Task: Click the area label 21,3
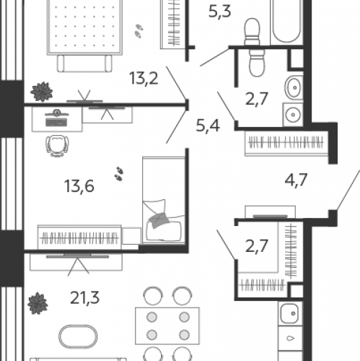84,298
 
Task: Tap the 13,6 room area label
79,186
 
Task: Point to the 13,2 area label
144,78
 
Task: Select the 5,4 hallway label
208,126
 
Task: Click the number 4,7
296,180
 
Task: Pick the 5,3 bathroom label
220,12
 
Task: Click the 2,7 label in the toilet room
257,99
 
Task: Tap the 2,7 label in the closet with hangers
257,246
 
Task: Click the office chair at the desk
57,145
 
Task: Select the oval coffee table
78,336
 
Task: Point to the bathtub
286,22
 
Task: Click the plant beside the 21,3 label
38,303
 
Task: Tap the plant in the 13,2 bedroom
42,92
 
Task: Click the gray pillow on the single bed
158,219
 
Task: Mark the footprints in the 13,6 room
119,173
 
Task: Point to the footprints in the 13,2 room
139,31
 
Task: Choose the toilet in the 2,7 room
257,63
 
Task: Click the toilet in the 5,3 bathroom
252,32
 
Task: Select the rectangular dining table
167,326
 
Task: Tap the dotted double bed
84,27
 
